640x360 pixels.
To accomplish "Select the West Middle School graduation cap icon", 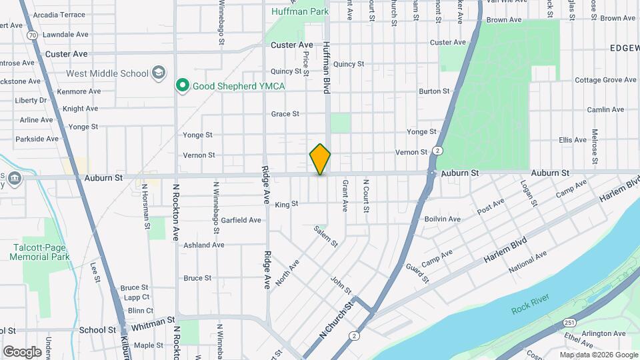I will (x=159, y=73).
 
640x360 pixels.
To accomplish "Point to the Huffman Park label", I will (x=299, y=11).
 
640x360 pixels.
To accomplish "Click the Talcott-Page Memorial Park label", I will (x=41, y=251).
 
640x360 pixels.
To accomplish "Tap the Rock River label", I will (x=531, y=309).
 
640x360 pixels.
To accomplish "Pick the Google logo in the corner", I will (x=23, y=351).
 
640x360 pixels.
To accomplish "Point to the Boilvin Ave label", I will (x=442, y=219).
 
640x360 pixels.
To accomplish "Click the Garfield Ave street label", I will (x=241, y=220).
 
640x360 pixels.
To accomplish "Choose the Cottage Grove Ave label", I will (x=605, y=80).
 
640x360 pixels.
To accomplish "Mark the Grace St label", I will (x=285, y=114).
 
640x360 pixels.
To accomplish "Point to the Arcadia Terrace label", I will (x=59, y=15).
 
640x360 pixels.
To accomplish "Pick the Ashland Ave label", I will (x=203, y=245).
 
